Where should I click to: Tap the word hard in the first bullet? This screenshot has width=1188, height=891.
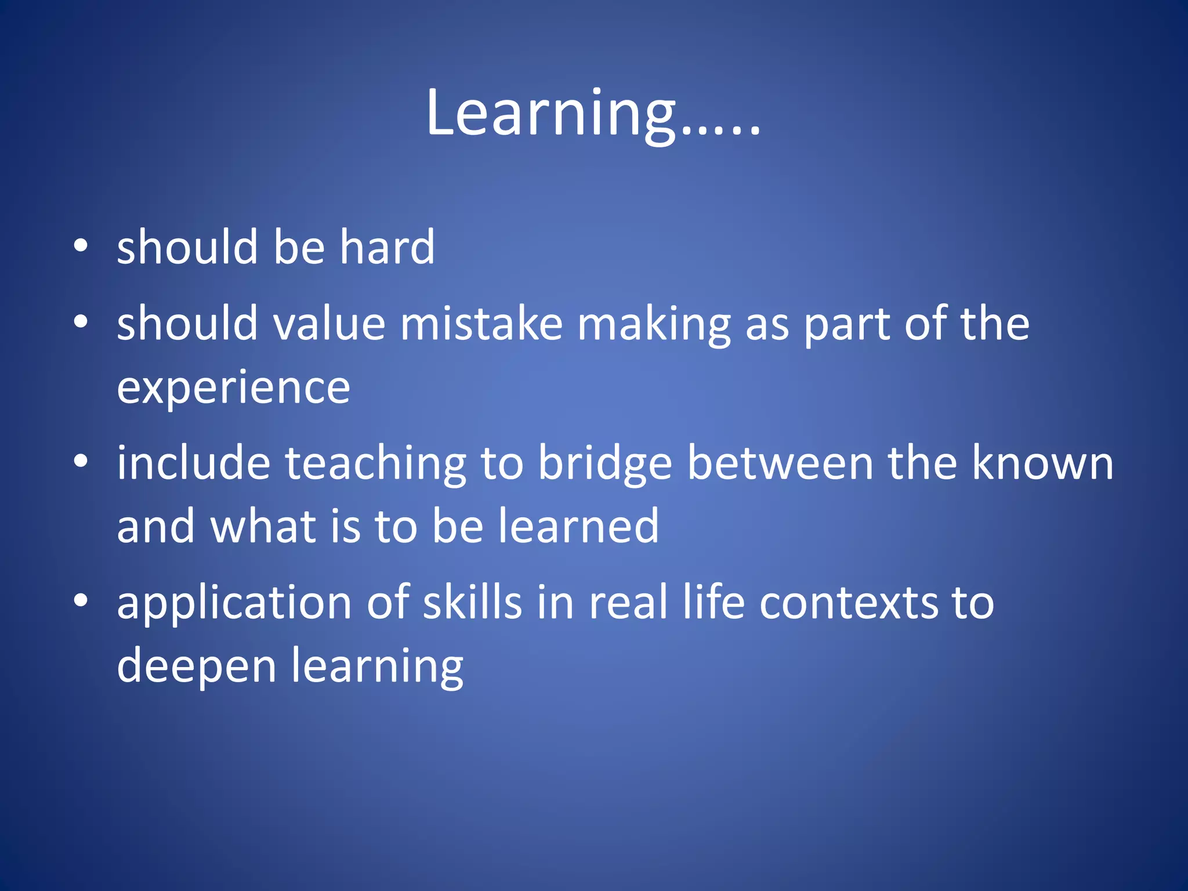(x=387, y=247)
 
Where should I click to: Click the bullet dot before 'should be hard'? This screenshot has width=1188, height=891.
(x=81, y=246)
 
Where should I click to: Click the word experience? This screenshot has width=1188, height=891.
(x=233, y=387)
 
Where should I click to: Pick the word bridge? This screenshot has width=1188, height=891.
(x=605, y=464)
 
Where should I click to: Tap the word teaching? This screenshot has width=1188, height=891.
(x=375, y=464)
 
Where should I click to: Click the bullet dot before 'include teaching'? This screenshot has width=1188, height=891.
(x=81, y=462)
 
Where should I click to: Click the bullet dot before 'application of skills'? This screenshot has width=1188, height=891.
(x=81, y=601)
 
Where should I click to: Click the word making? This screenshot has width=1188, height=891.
(x=654, y=325)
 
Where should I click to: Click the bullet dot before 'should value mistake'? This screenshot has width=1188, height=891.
(x=81, y=321)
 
